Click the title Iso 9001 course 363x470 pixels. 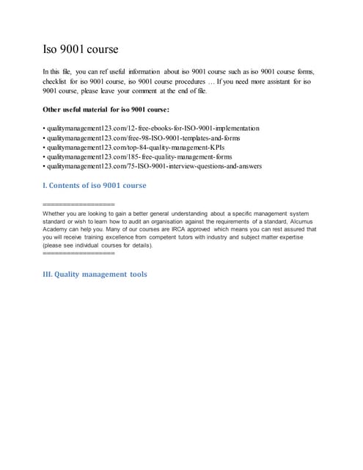click(81, 50)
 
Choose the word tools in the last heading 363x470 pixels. click(133, 275)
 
